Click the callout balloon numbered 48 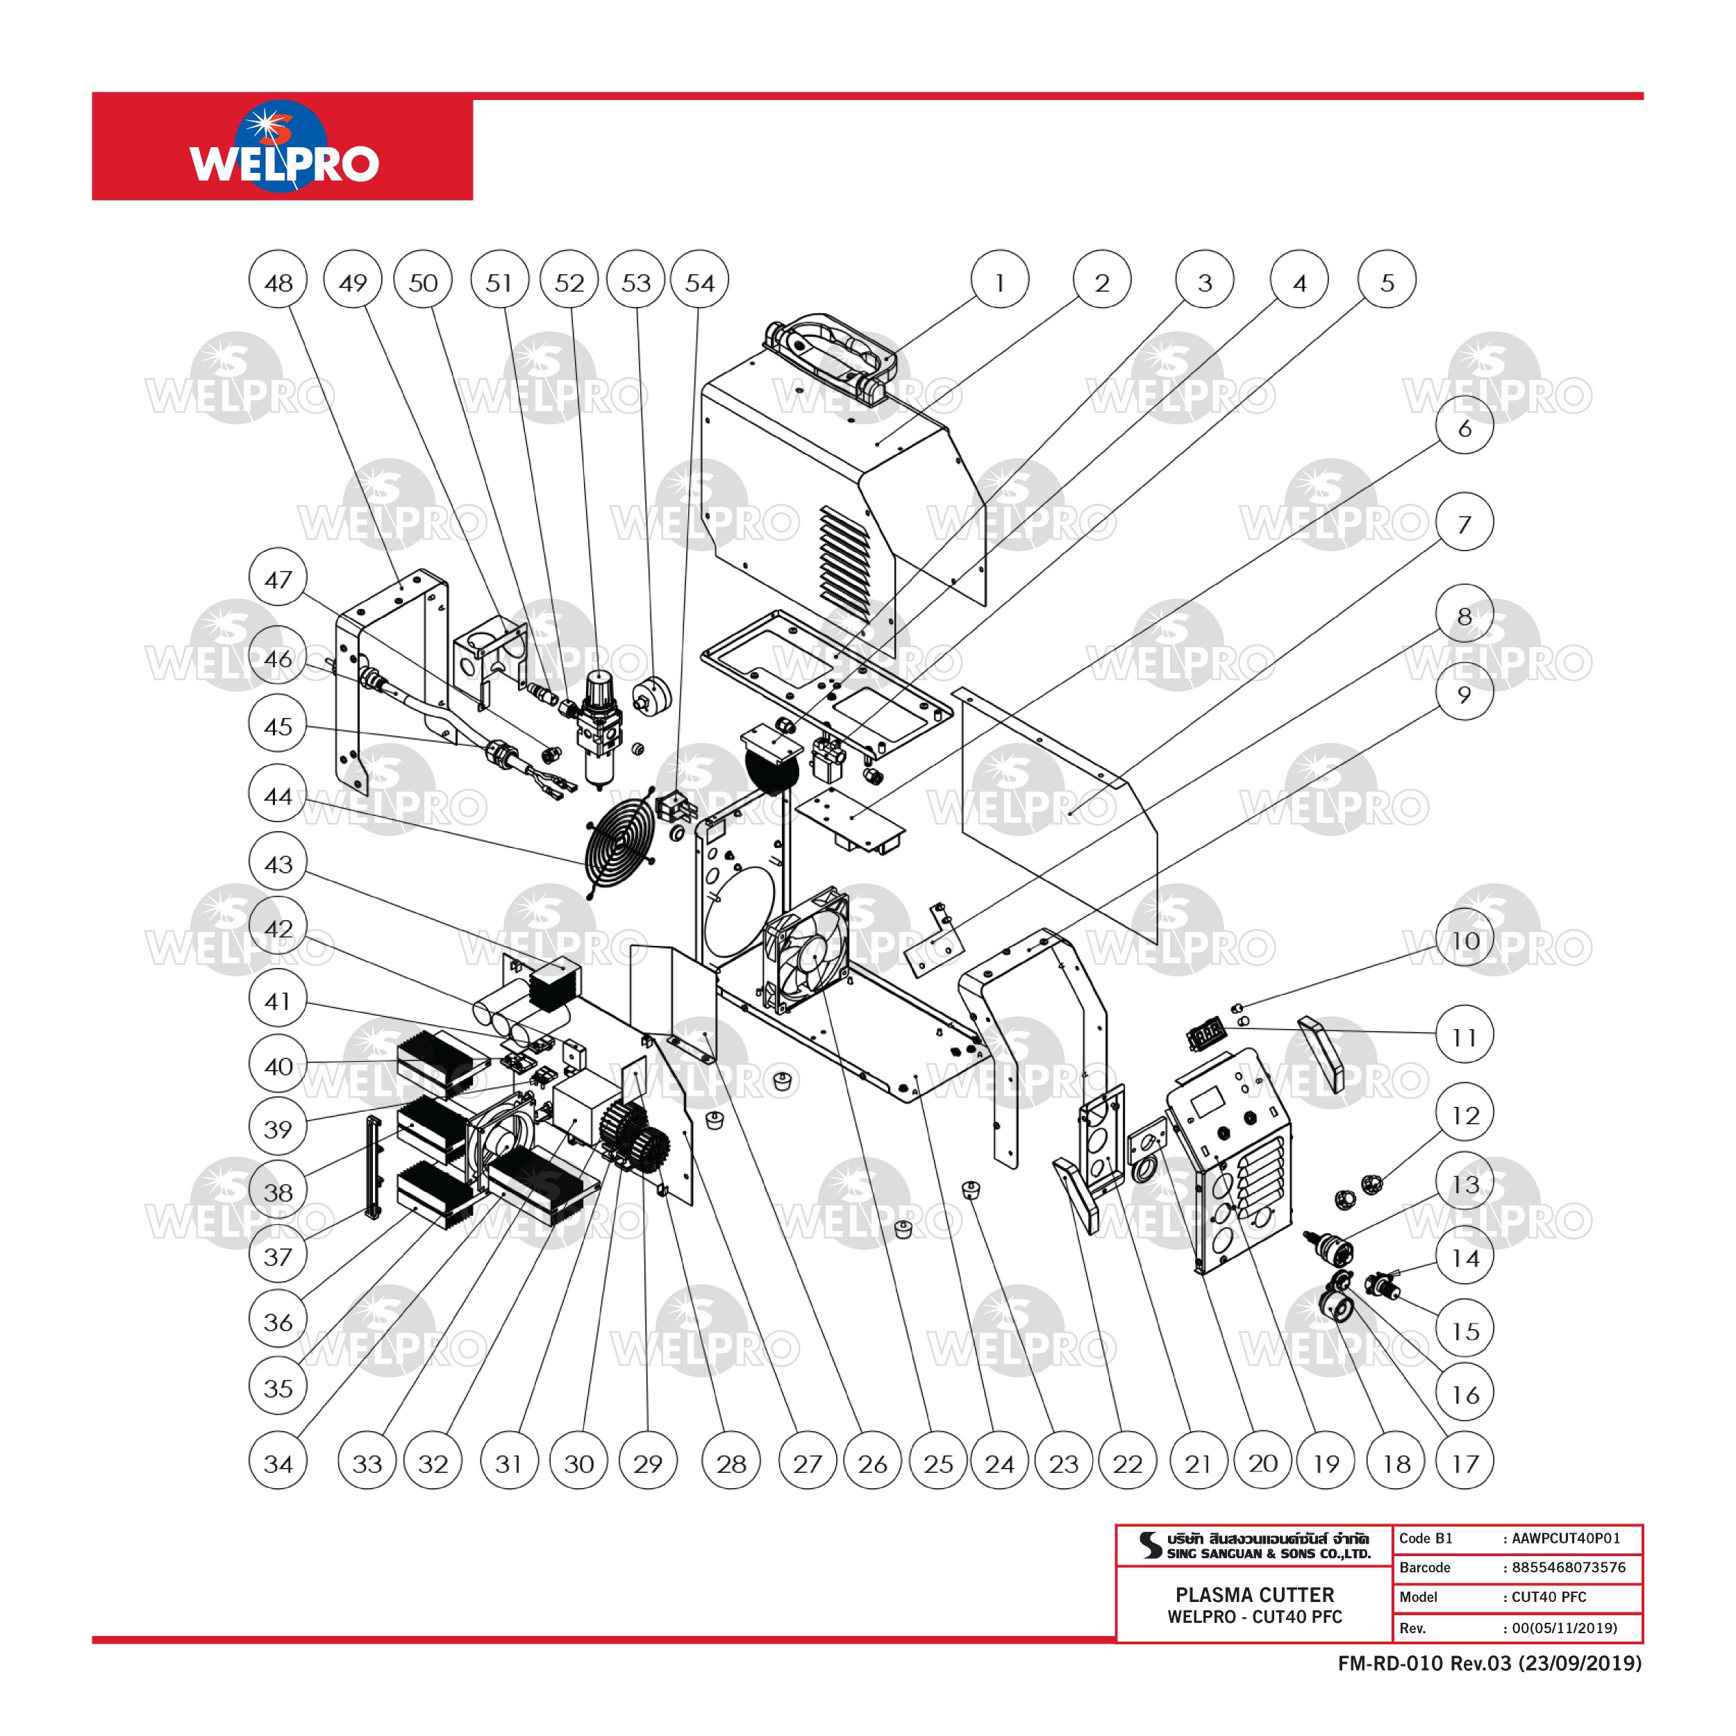(278, 281)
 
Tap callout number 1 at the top (999, 281)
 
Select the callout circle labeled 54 (699, 281)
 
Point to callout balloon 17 (1464, 1464)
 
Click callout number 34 (278, 1464)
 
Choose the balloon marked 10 (1464, 941)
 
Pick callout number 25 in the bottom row (938, 1464)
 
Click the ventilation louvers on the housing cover (844, 562)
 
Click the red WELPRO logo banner (282, 147)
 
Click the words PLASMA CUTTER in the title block (1254, 1595)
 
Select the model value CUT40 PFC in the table (1549, 1596)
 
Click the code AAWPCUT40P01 (1565, 1538)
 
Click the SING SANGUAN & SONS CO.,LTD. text (1268, 1553)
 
